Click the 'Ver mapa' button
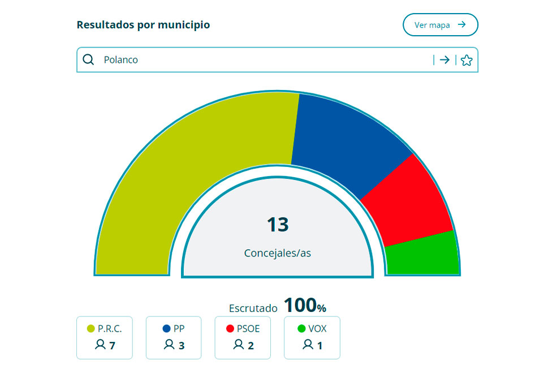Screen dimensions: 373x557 [440, 25]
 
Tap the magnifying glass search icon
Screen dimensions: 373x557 [88, 59]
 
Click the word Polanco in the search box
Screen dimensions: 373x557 [120, 59]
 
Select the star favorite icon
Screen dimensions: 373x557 [466, 60]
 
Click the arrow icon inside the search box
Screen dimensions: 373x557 [445, 59]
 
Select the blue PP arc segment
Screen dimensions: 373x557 [345, 142]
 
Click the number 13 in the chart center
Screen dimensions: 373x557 [278, 225]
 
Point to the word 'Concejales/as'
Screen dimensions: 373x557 [278, 253]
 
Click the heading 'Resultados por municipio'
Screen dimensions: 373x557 [143, 25]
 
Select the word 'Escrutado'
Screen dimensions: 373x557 [253, 308]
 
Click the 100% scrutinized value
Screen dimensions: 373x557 [305, 306]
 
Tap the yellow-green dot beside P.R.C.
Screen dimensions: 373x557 [90, 328]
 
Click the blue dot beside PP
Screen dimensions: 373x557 [166, 328]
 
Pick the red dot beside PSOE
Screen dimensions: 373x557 [230, 328]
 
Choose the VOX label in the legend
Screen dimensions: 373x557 [317, 328]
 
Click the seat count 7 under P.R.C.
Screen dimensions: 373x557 [112, 345]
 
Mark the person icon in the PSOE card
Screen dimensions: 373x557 [238, 344]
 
